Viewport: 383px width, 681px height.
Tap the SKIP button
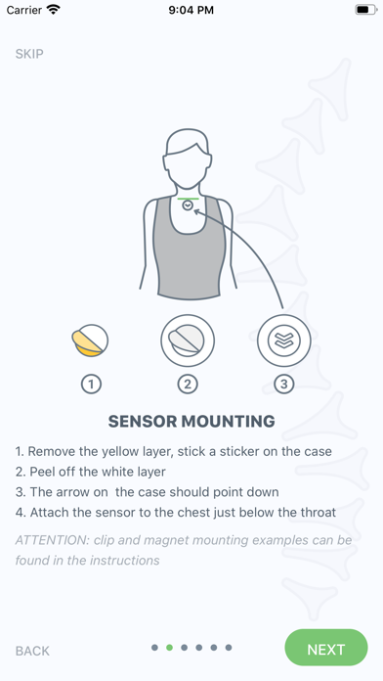click(29, 54)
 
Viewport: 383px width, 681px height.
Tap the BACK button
click(32, 651)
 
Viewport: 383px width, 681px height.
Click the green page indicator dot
click(170, 648)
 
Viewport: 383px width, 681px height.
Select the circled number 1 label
click(91, 384)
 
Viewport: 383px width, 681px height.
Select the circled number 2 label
click(188, 384)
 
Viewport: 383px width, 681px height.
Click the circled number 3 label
click(283, 384)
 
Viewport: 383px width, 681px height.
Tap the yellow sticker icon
click(90, 340)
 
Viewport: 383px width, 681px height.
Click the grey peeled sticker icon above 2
click(188, 340)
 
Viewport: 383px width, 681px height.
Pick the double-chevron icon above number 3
click(284, 340)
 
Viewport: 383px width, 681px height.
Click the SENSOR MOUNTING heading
click(191, 422)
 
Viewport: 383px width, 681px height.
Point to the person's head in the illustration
click(188, 159)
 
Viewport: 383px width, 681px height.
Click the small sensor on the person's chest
click(188, 205)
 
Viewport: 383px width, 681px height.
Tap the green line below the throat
click(188, 199)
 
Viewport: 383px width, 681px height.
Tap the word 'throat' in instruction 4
click(319, 512)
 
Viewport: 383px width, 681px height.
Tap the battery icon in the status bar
click(365, 10)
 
